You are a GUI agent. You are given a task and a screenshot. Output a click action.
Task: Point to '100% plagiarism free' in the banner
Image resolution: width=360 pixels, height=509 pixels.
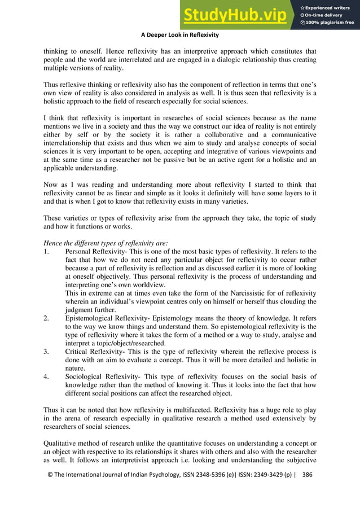[327, 23]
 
